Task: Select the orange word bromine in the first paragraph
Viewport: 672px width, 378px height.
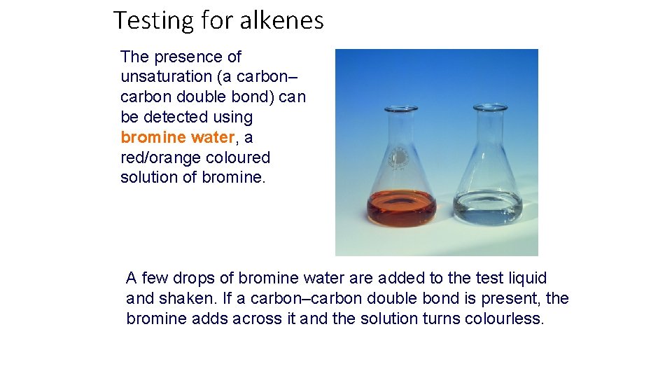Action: click(x=150, y=137)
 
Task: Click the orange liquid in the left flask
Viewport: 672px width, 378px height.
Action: click(x=402, y=209)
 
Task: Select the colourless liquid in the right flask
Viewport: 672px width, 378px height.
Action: click(x=488, y=209)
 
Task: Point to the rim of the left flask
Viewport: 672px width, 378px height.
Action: click(x=402, y=109)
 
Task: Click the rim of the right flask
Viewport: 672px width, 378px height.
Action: click(x=490, y=108)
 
